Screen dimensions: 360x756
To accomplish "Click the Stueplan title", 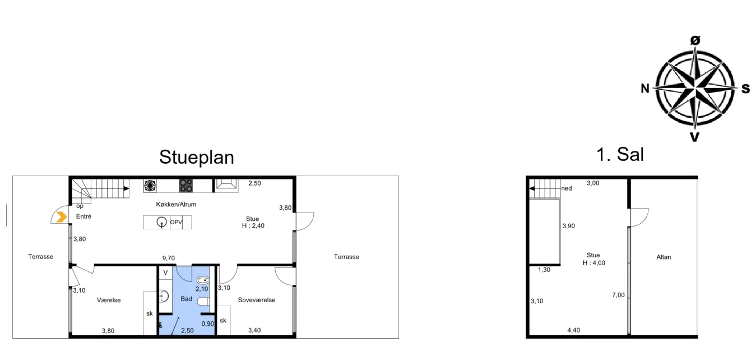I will tap(196, 157).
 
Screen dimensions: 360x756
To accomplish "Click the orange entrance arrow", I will tap(58, 217).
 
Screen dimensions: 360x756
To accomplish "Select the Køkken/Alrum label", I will tap(176, 204).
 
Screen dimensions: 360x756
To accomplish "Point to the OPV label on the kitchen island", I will tap(176, 223).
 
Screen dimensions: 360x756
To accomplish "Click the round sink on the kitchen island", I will tap(162, 222).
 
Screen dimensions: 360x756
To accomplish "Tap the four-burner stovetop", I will tap(186, 186).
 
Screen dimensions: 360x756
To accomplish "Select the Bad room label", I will tap(186, 299).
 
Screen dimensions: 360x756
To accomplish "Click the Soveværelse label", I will tap(256, 300).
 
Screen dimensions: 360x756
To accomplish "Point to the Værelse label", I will tap(109, 300).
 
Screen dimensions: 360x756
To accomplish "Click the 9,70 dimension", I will tap(168, 259).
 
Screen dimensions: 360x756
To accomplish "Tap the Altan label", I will tap(664, 257).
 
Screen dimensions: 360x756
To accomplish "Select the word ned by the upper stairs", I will tap(567, 188).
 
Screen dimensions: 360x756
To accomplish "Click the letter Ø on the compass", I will tap(695, 40).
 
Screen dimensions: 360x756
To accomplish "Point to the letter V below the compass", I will tap(694, 137).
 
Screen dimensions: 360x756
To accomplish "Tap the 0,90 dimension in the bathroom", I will tap(207, 324).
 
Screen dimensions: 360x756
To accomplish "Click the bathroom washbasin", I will tap(164, 296).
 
